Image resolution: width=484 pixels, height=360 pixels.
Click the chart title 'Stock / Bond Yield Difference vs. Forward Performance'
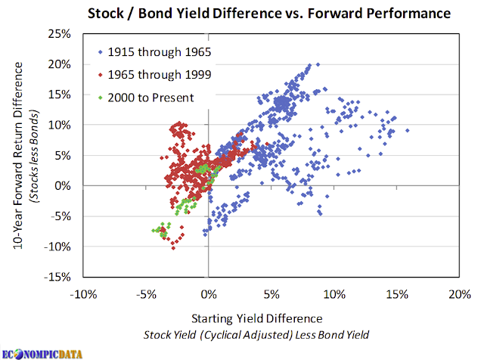pyautogui.click(x=269, y=14)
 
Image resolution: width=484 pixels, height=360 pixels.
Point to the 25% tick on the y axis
pyautogui.click(x=59, y=33)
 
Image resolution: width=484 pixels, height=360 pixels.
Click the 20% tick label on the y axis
pyautogui.click(x=59, y=64)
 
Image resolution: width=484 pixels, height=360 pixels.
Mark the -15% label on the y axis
pyautogui.click(x=57, y=277)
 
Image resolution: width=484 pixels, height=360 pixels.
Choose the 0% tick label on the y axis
pyautogui.click(x=63, y=186)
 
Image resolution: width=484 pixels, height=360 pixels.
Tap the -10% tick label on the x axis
pyautogui.click(x=83, y=294)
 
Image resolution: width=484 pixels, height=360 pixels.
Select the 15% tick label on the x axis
pyautogui.click(x=397, y=294)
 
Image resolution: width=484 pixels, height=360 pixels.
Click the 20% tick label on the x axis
pyautogui.click(x=460, y=294)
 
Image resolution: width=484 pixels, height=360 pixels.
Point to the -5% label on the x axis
pyautogui.click(x=146, y=294)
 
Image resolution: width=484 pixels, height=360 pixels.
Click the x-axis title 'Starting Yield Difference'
pyautogui.click(x=257, y=318)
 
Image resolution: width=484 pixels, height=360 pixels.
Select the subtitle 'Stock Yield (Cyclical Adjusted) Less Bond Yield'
pyautogui.click(x=256, y=335)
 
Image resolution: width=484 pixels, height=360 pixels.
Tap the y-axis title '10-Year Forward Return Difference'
pyautogui.click(x=18, y=155)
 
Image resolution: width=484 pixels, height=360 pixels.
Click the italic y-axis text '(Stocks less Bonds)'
pyautogui.click(x=33, y=157)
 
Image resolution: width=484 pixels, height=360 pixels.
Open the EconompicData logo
pyautogui.click(x=42, y=354)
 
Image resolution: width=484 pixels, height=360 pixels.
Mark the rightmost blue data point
pyautogui.click(x=408, y=130)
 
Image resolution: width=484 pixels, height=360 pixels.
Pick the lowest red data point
pyautogui.click(x=173, y=248)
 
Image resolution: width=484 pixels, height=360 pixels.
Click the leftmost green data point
pyautogui.click(x=153, y=231)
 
